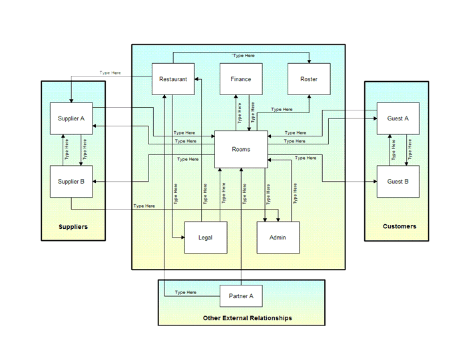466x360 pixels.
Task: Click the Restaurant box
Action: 173,79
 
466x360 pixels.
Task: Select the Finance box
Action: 241,79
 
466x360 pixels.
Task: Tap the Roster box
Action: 309,79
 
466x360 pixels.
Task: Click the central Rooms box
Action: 241,149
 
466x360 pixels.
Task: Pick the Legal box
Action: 205,238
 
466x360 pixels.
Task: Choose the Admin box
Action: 278,238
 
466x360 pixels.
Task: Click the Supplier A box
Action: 71,118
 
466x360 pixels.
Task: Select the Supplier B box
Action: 71,181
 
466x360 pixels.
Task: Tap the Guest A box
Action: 398,118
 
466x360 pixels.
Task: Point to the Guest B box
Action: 398,181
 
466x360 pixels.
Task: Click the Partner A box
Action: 241,295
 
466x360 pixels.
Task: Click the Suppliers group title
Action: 73,227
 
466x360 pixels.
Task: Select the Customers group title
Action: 399,226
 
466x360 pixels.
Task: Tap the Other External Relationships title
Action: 247,318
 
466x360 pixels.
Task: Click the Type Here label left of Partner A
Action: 186,292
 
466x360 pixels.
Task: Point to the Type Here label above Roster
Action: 243,56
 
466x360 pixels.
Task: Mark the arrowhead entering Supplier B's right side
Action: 95,181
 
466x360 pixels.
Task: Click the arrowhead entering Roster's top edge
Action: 309,61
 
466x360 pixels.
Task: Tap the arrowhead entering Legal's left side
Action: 182,238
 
